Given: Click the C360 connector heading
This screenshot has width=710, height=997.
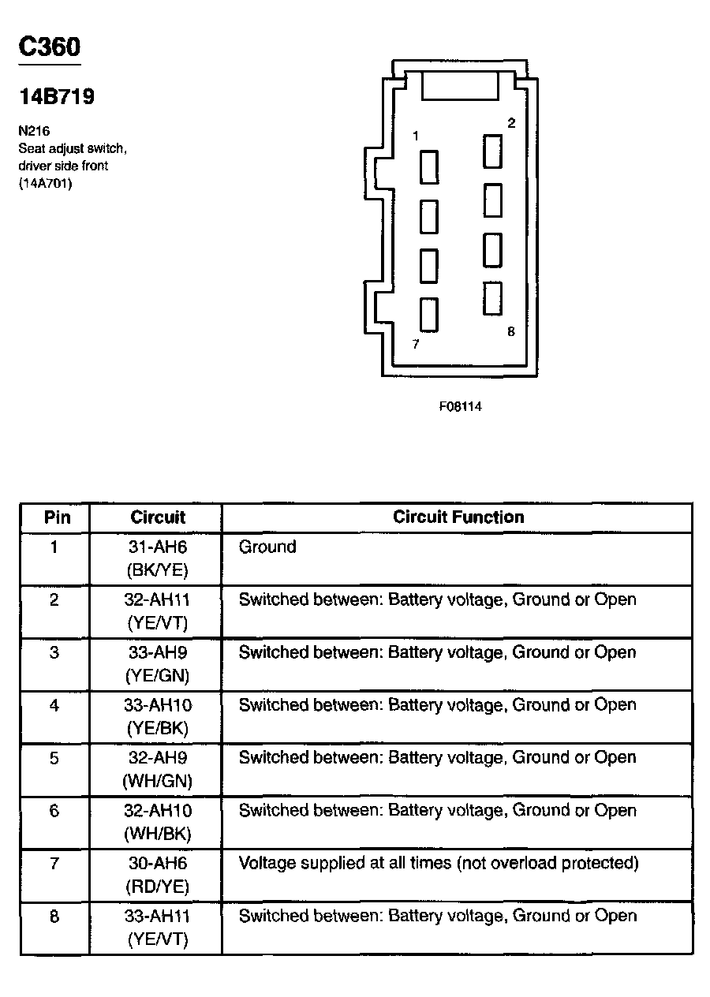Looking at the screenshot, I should (x=49, y=47).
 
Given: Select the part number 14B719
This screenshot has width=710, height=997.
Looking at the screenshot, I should (x=57, y=97).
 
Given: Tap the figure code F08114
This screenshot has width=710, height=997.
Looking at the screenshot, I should (x=460, y=407).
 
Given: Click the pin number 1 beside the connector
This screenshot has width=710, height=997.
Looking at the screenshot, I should (x=415, y=136).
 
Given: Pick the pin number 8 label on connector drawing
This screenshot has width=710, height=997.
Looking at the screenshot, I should (x=510, y=331).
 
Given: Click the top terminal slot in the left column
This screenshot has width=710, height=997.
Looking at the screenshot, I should (x=429, y=167).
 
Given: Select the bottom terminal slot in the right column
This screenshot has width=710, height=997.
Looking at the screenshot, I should (x=493, y=298).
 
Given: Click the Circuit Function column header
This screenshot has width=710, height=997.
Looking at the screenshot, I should (x=458, y=517).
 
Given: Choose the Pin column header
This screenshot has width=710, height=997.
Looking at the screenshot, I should (x=57, y=517).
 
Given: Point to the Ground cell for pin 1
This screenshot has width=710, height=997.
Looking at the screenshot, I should (x=267, y=547).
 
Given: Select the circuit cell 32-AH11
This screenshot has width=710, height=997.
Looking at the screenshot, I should (x=157, y=599).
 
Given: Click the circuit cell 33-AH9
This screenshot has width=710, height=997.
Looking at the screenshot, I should (x=157, y=652).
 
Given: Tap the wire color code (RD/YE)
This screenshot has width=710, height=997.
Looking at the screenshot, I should (x=157, y=886).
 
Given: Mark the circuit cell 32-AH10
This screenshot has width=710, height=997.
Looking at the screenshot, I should (x=157, y=810).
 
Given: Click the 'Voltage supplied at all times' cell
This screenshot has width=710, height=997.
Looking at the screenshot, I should (x=438, y=863).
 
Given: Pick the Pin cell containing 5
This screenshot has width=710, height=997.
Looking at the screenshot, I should (x=54, y=758).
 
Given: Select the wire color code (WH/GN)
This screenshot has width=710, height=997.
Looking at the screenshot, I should (x=157, y=781).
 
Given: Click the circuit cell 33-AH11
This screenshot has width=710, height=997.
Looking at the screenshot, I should (x=157, y=916).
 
